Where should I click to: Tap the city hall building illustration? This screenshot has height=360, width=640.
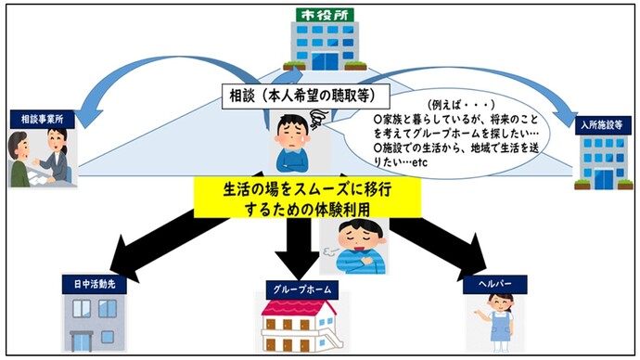pos(318,45)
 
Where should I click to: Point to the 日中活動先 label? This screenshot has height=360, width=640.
pos(93,283)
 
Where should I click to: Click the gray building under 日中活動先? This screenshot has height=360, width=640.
pos(92,325)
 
